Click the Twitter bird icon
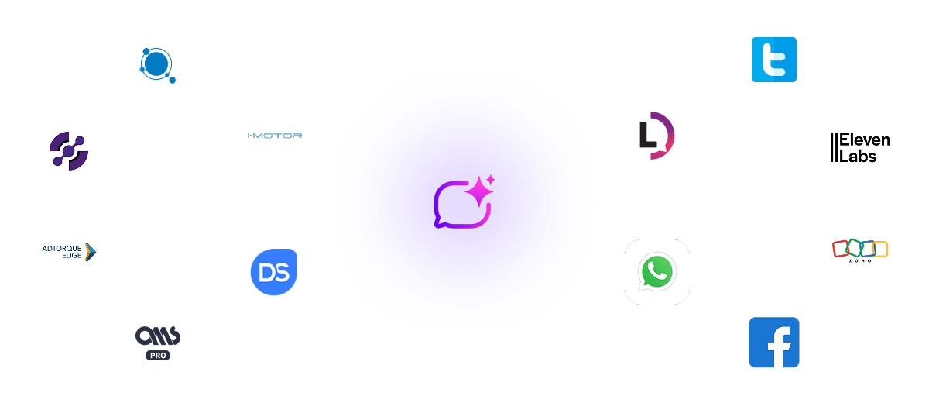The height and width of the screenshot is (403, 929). tap(774, 60)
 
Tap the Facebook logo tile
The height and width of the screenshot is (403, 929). tap(774, 343)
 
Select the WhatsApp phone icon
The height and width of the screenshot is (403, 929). tap(657, 271)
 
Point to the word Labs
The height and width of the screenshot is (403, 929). tap(859, 156)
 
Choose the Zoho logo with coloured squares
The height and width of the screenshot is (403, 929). tap(859, 250)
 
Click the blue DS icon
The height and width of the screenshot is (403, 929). tap(274, 271)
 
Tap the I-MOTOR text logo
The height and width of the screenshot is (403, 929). tap(274, 136)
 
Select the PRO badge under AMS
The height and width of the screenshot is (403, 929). tap(158, 355)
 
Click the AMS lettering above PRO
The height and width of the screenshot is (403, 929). tap(158, 336)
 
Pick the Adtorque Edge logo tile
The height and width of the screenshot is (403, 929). tap(70, 251)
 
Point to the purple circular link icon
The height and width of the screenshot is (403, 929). tap(69, 150)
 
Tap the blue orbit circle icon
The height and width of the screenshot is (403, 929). tap(156, 64)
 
